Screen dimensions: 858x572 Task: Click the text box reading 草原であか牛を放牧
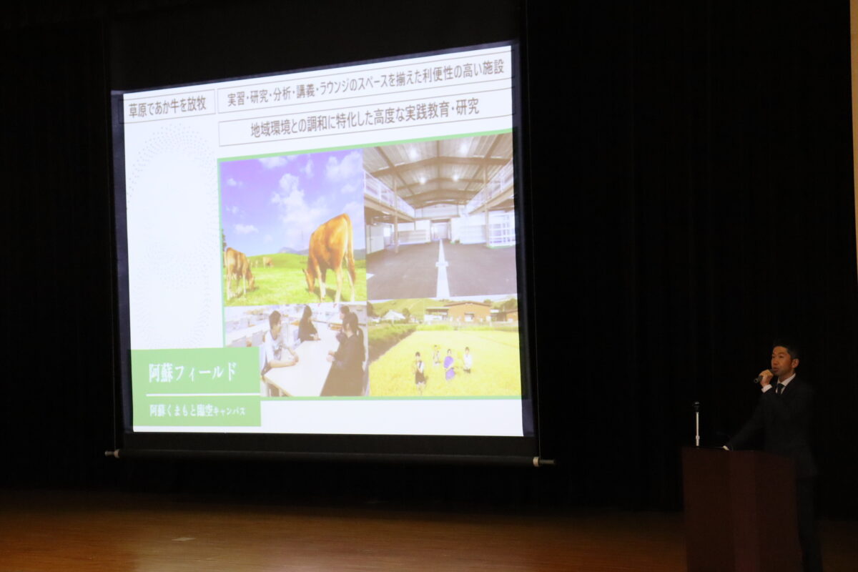(x=168, y=106)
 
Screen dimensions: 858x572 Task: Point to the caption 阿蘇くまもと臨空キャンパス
(x=197, y=411)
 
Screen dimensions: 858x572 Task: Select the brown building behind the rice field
(x=468, y=312)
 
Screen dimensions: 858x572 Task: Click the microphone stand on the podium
(x=696, y=424)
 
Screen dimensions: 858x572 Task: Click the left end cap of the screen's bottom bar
(x=112, y=453)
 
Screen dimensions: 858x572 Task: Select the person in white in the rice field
(x=467, y=360)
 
